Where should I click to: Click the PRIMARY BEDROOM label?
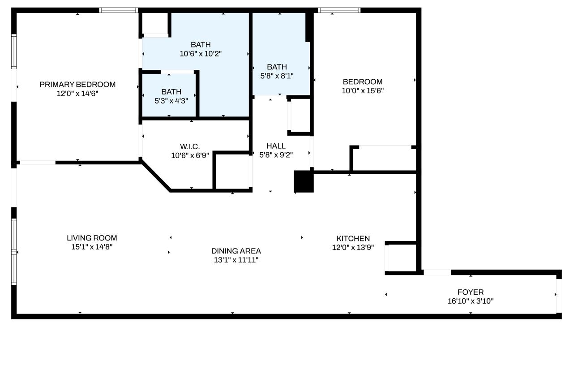(x=77, y=85)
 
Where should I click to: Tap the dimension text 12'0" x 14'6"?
(x=77, y=94)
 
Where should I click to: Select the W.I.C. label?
(x=190, y=146)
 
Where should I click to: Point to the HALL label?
(x=276, y=146)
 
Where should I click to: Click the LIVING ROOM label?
(x=92, y=238)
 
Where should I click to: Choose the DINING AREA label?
(x=236, y=251)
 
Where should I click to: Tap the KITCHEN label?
(x=353, y=238)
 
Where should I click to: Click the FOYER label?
(x=470, y=292)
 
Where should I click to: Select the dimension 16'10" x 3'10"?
(x=470, y=301)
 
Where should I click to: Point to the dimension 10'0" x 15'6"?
(x=363, y=90)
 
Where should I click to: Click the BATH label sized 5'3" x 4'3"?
(x=171, y=92)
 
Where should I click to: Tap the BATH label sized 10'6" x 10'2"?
(x=201, y=44)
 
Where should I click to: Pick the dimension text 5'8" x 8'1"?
(x=277, y=76)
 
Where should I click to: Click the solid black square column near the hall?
(x=304, y=181)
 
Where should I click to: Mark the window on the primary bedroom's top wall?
(x=119, y=10)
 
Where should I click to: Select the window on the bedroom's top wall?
(x=339, y=10)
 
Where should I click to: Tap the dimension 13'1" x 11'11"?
(x=236, y=260)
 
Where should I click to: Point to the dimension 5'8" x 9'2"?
(x=276, y=155)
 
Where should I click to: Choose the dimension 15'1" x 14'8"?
(x=92, y=247)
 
